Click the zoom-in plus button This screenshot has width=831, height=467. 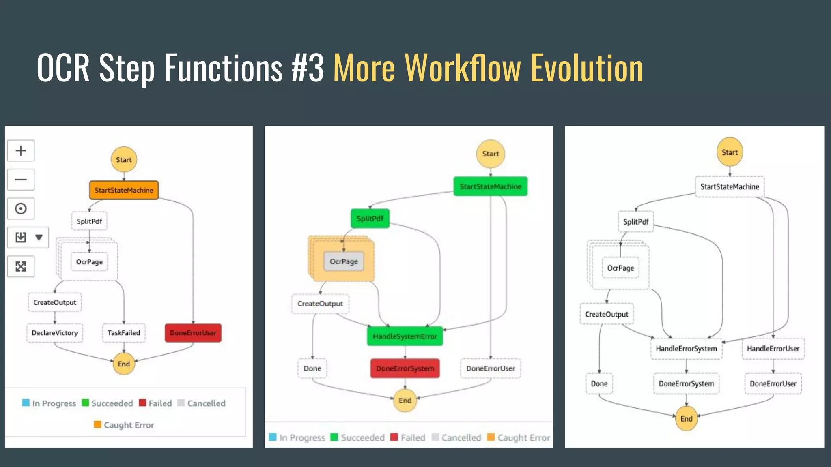coord(21,151)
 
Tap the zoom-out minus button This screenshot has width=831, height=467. coord(21,180)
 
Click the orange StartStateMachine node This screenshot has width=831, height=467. coord(124,190)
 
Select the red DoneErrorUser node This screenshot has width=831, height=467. coord(193,333)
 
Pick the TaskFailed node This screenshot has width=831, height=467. coord(124,333)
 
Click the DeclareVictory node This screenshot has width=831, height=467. coord(55,333)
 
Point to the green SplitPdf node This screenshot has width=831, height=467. coord(370,219)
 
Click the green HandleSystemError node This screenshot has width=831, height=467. coord(405,336)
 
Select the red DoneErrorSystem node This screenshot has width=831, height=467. coord(405,368)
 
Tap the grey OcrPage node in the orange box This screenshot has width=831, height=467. coord(344,261)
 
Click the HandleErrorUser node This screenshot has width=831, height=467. coord(773,349)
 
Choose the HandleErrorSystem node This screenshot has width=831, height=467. coord(687,349)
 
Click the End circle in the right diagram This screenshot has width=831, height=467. coord(687,419)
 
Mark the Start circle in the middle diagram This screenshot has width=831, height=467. coord(491,154)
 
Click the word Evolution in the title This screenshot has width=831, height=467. coord(587,68)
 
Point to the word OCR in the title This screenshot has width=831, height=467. coord(63,68)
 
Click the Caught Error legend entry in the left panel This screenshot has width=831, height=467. coord(124,425)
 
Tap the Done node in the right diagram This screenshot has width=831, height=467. coord(599,384)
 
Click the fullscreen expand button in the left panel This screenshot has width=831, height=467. coord(21,266)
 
